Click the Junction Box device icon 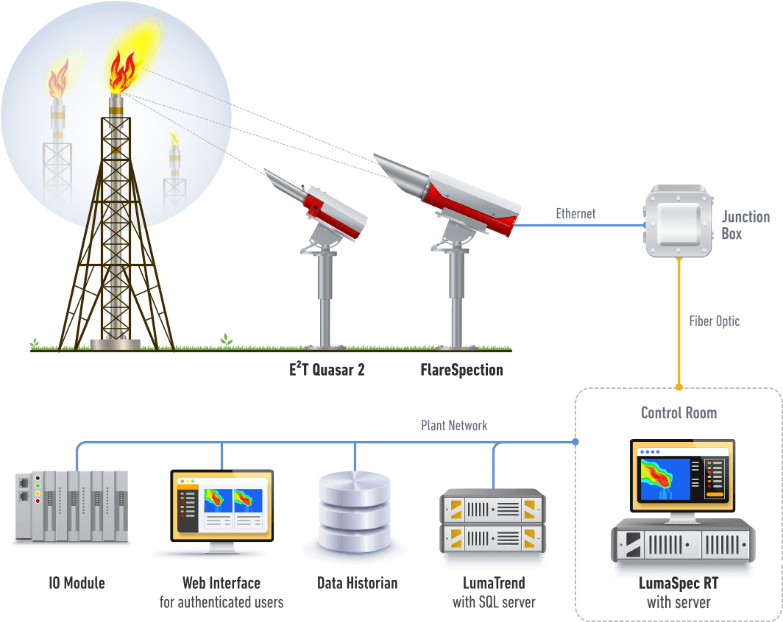click(679, 222)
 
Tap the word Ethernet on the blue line click(575, 214)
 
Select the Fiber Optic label click(714, 321)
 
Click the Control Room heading click(679, 412)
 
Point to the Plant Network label click(454, 426)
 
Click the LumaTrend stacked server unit click(492, 522)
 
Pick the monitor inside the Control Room click(683, 476)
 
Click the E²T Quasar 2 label click(327, 370)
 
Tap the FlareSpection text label click(461, 370)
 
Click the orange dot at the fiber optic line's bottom click(679, 386)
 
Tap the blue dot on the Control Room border click(575, 442)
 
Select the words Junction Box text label click(745, 225)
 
